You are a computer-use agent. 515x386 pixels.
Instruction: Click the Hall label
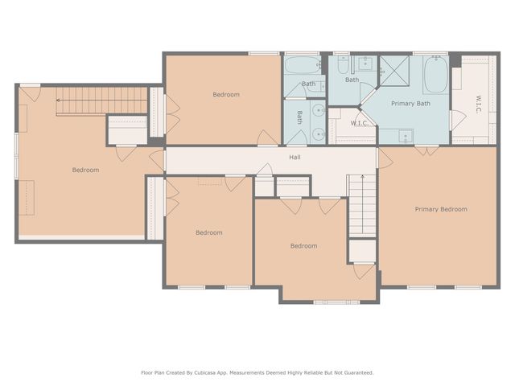click(295, 158)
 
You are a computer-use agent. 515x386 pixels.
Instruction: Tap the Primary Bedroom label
click(441, 209)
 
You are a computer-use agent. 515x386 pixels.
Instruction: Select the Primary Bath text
click(410, 104)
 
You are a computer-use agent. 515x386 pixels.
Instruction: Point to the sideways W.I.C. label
click(478, 105)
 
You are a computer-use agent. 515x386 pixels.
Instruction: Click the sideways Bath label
click(299, 117)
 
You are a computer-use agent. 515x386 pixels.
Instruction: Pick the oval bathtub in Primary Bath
click(435, 75)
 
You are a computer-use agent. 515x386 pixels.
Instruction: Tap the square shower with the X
click(394, 71)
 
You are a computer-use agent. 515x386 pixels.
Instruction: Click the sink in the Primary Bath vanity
click(406, 136)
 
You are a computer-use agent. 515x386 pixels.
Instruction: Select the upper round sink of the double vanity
click(318, 110)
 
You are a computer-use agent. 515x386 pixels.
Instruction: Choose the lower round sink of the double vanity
click(318, 133)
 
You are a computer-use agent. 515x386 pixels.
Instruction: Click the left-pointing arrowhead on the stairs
click(58, 100)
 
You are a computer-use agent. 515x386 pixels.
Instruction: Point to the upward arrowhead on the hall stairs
click(363, 177)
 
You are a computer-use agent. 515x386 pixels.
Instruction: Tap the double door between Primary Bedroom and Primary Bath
click(426, 150)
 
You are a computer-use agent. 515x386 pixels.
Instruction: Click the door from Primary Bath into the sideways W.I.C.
click(458, 120)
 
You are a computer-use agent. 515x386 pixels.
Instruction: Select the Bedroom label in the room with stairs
click(85, 170)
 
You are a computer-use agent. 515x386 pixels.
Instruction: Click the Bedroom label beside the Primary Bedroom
click(304, 246)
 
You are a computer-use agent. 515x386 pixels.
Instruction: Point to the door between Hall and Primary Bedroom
click(385, 158)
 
